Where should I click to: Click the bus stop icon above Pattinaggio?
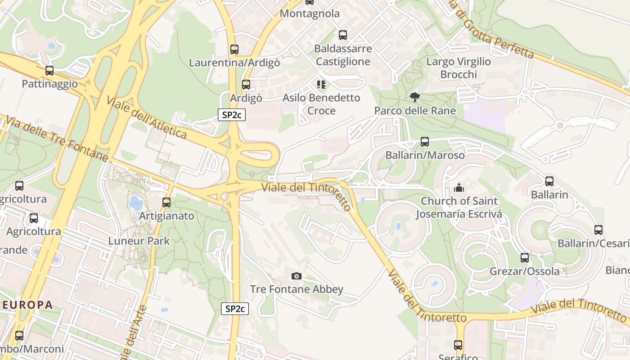(49, 71)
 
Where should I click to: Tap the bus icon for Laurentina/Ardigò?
(234, 49)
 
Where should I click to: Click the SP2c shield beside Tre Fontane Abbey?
(235, 309)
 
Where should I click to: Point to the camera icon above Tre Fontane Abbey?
(296, 276)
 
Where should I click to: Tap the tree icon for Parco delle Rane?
(414, 97)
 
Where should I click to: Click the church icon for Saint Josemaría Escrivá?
(459, 187)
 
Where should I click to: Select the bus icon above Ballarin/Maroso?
(424, 142)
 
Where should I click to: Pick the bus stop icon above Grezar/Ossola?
(525, 258)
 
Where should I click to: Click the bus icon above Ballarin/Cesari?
(598, 230)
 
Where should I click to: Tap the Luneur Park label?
(139, 241)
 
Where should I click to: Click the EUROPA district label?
(27, 305)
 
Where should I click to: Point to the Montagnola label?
(310, 13)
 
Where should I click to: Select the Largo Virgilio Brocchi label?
(458, 68)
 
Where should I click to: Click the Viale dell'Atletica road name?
(147, 117)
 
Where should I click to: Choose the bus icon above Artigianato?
(166, 202)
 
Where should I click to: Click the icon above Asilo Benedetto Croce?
(321, 84)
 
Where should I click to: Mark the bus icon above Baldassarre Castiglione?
(343, 35)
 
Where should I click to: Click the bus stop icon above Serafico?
(458, 345)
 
